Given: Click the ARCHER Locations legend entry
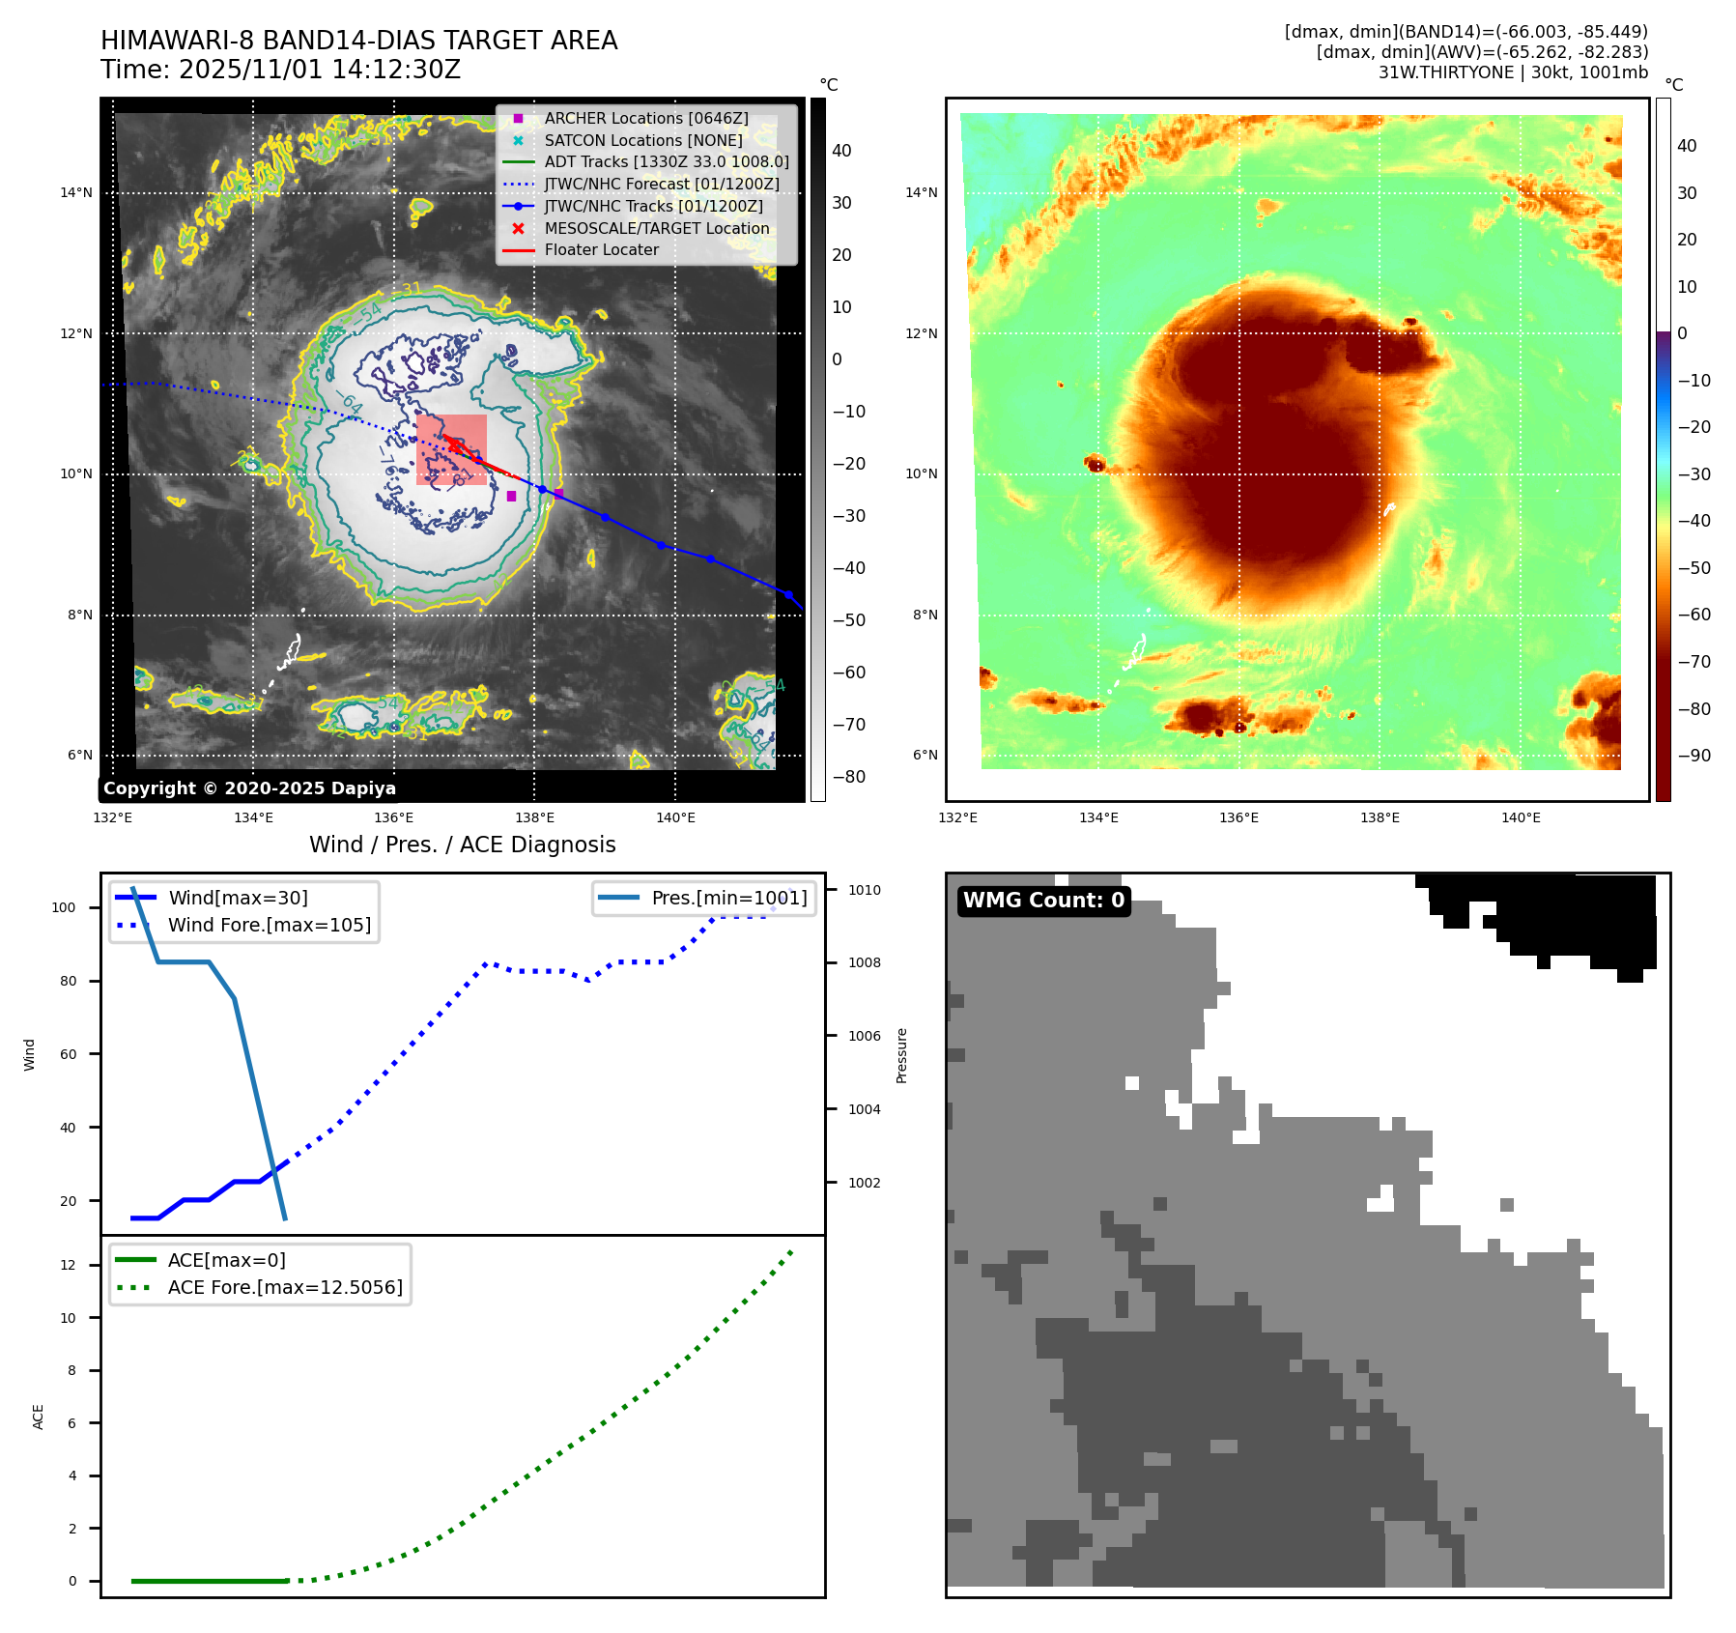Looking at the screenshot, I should (x=645, y=118).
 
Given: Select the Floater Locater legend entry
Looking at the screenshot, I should (x=601, y=249).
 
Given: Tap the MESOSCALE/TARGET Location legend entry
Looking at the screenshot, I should (x=656, y=228).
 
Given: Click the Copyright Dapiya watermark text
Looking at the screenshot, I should (x=249, y=788).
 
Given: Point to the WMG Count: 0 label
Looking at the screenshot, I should (x=1043, y=900).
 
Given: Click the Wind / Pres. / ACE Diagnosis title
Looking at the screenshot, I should (x=462, y=845).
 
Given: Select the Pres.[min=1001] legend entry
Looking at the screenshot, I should (x=728, y=898).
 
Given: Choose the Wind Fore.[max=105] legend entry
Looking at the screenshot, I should (x=269, y=925).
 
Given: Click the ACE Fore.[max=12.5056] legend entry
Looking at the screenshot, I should (x=285, y=1287).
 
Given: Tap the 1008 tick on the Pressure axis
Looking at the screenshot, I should (x=864, y=962).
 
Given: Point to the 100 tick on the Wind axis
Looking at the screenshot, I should (x=64, y=907).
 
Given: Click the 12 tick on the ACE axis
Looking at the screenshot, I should (x=68, y=1265).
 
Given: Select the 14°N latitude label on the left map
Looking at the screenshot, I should (x=76, y=192).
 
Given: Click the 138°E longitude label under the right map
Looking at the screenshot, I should (x=1380, y=817).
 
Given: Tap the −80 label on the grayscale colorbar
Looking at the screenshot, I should (x=848, y=777).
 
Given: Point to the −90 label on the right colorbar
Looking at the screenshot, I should (x=1693, y=756).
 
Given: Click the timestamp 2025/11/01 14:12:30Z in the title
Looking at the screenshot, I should (x=319, y=70).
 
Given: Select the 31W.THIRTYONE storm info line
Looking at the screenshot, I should (x=1512, y=72).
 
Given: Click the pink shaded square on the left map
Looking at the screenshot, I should (x=451, y=449).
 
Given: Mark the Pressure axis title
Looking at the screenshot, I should (x=901, y=1055).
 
